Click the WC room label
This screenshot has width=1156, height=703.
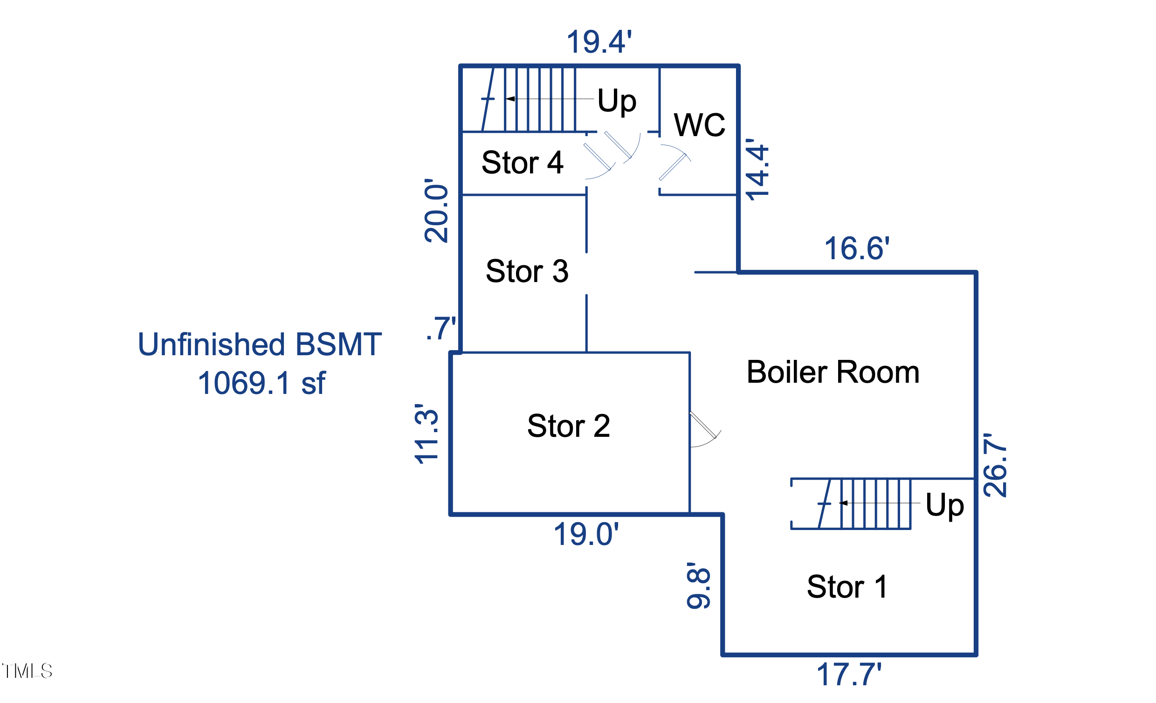click(x=699, y=125)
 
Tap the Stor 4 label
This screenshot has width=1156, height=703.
click(x=522, y=163)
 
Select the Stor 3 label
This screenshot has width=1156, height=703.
click(x=527, y=271)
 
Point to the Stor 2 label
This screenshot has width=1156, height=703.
click(x=569, y=426)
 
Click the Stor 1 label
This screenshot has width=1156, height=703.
click(x=847, y=586)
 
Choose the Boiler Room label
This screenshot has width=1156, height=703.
click(x=833, y=372)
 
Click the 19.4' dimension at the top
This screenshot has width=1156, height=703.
click(x=599, y=42)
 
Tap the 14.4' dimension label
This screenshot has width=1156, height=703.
click(x=757, y=169)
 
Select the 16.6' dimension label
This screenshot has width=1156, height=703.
click(x=857, y=249)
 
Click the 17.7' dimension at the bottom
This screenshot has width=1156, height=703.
click(x=849, y=675)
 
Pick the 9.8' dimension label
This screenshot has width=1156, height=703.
click(x=699, y=586)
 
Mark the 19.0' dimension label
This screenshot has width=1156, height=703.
click(x=586, y=534)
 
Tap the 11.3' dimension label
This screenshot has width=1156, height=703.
click(x=427, y=434)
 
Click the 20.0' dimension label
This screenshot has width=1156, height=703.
click(x=436, y=211)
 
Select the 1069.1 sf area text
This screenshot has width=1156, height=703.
click(x=261, y=383)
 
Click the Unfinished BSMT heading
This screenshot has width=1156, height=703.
click(x=260, y=345)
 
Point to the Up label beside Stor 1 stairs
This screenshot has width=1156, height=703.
click(x=944, y=505)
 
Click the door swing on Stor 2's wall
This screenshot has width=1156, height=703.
click(x=704, y=429)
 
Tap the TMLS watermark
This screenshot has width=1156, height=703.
click(x=27, y=671)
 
